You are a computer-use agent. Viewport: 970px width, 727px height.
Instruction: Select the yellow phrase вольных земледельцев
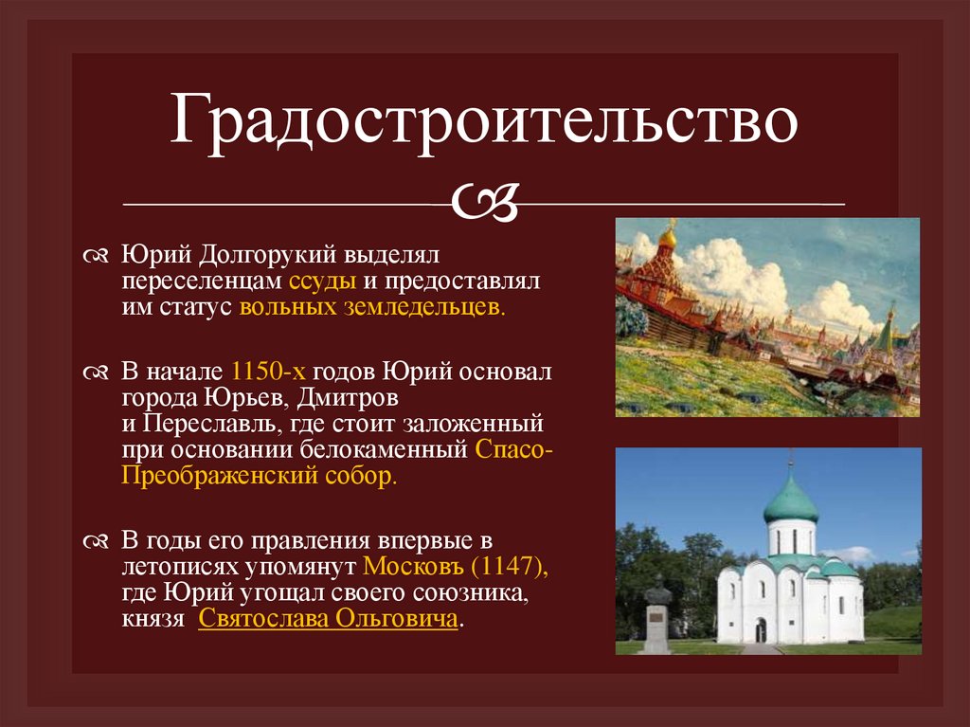click(x=373, y=308)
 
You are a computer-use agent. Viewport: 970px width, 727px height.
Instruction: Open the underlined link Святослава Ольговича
click(x=328, y=620)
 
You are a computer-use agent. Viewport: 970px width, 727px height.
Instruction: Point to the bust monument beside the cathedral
click(x=656, y=596)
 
